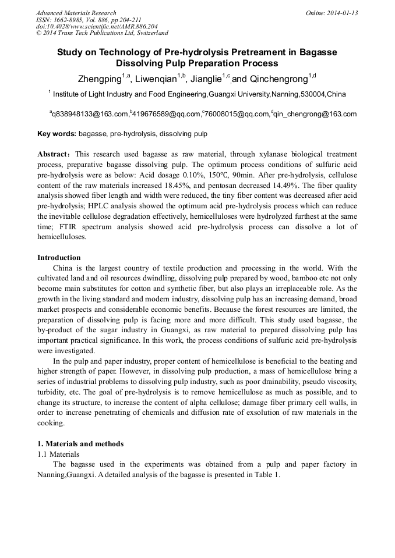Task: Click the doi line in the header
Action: (x=97, y=27)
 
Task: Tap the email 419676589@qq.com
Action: (x=167, y=114)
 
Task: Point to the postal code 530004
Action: (x=312, y=94)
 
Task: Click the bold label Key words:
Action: (x=57, y=134)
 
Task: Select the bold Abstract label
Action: (x=54, y=154)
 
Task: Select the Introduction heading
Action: (x=59, y=258)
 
